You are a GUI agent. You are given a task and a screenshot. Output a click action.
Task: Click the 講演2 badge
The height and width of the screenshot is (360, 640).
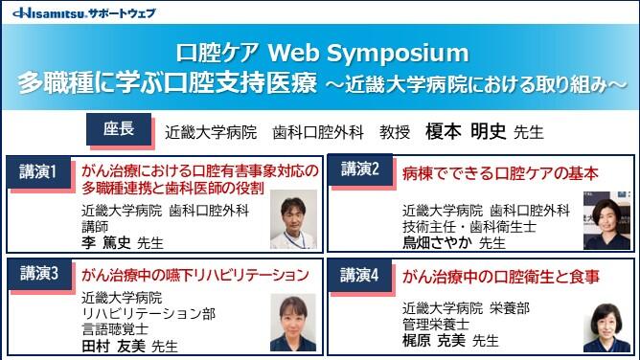pyautogui.click(x=360, y=170)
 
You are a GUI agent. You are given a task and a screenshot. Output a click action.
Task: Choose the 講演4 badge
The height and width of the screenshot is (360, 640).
pyautogui.click(x=360, y=274)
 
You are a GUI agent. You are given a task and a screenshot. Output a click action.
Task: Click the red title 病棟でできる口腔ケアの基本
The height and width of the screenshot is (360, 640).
pyautogui.click(x=501, y=173)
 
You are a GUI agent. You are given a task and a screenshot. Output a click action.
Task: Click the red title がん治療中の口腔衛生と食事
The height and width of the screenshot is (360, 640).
pyautogui.click(x=501, y=277)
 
